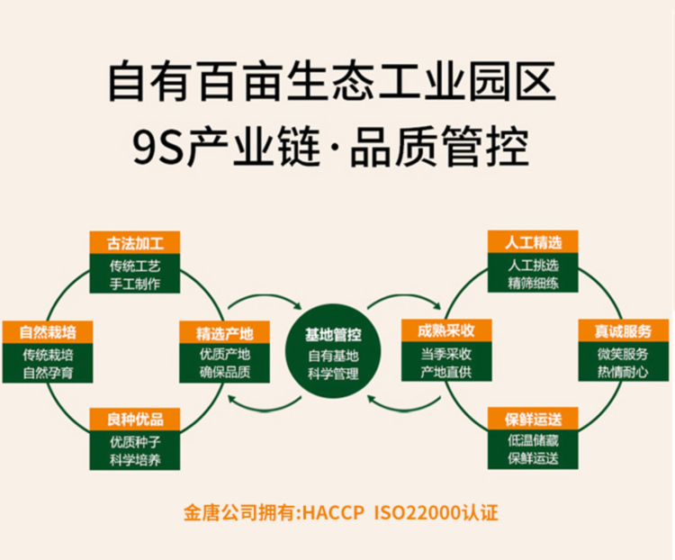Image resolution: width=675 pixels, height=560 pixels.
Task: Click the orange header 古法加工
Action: point(134,243)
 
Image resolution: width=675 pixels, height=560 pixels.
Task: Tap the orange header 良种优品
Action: point(134,420)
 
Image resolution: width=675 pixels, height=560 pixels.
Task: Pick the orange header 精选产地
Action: point(225,331)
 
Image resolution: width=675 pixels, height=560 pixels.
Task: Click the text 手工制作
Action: point(134,284)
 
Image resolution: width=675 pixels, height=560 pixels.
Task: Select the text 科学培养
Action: point(134,458)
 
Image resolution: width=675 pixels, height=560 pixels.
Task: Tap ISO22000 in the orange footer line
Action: point(418,514)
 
